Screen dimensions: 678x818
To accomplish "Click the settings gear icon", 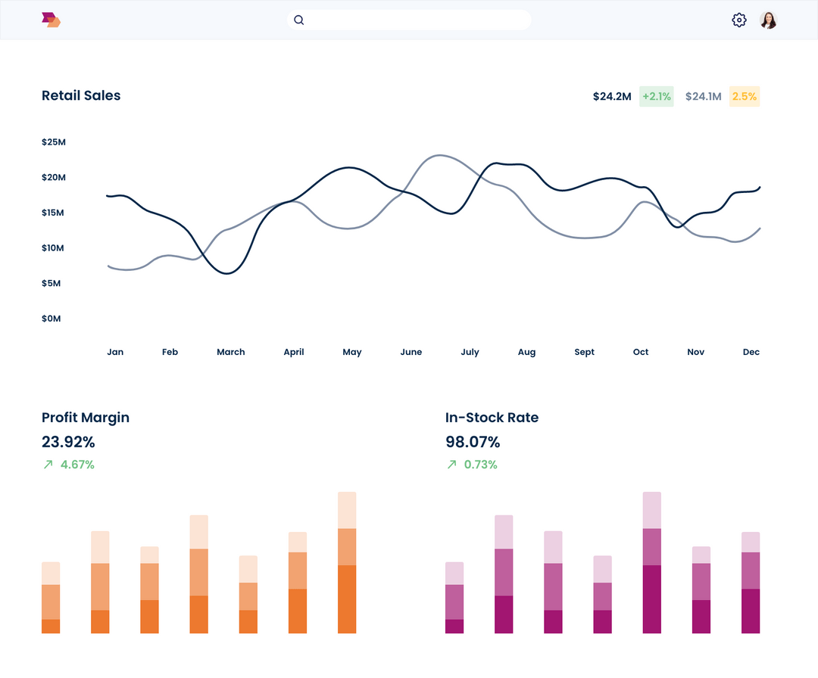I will tap(739, 20).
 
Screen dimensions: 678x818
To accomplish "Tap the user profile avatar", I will tap(768, 20).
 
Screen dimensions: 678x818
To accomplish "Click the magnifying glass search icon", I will tap(299, 20).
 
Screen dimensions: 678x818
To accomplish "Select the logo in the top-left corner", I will tap(51, 20).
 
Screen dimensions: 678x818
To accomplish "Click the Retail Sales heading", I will tap(81, 95).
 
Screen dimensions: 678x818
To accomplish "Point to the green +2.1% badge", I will tap(656, 96).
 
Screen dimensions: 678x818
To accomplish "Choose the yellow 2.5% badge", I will tap(744, 96).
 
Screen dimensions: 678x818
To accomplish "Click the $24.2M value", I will tap(612, 96).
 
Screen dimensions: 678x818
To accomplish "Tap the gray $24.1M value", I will tap(703, 96).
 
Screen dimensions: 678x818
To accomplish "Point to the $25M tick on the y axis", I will tap(54, 142).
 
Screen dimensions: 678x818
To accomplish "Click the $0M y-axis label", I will tap(52, 319).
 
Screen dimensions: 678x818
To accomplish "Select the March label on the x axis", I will tap(231, 352).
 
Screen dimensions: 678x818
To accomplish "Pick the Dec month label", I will tap(751, 352).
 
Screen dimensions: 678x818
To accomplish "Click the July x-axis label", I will tap(470, 352).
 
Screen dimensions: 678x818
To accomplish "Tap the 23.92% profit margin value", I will tap(68, 442).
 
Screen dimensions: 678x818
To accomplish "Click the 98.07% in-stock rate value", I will tap(473, 442).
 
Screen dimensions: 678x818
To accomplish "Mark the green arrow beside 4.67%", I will tap(48, 465).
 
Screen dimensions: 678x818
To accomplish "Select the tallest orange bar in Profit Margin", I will tap(347, 562).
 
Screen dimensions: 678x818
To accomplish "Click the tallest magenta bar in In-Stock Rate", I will tap(652, 562).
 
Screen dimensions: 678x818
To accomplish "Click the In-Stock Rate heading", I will tap(492, 418).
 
